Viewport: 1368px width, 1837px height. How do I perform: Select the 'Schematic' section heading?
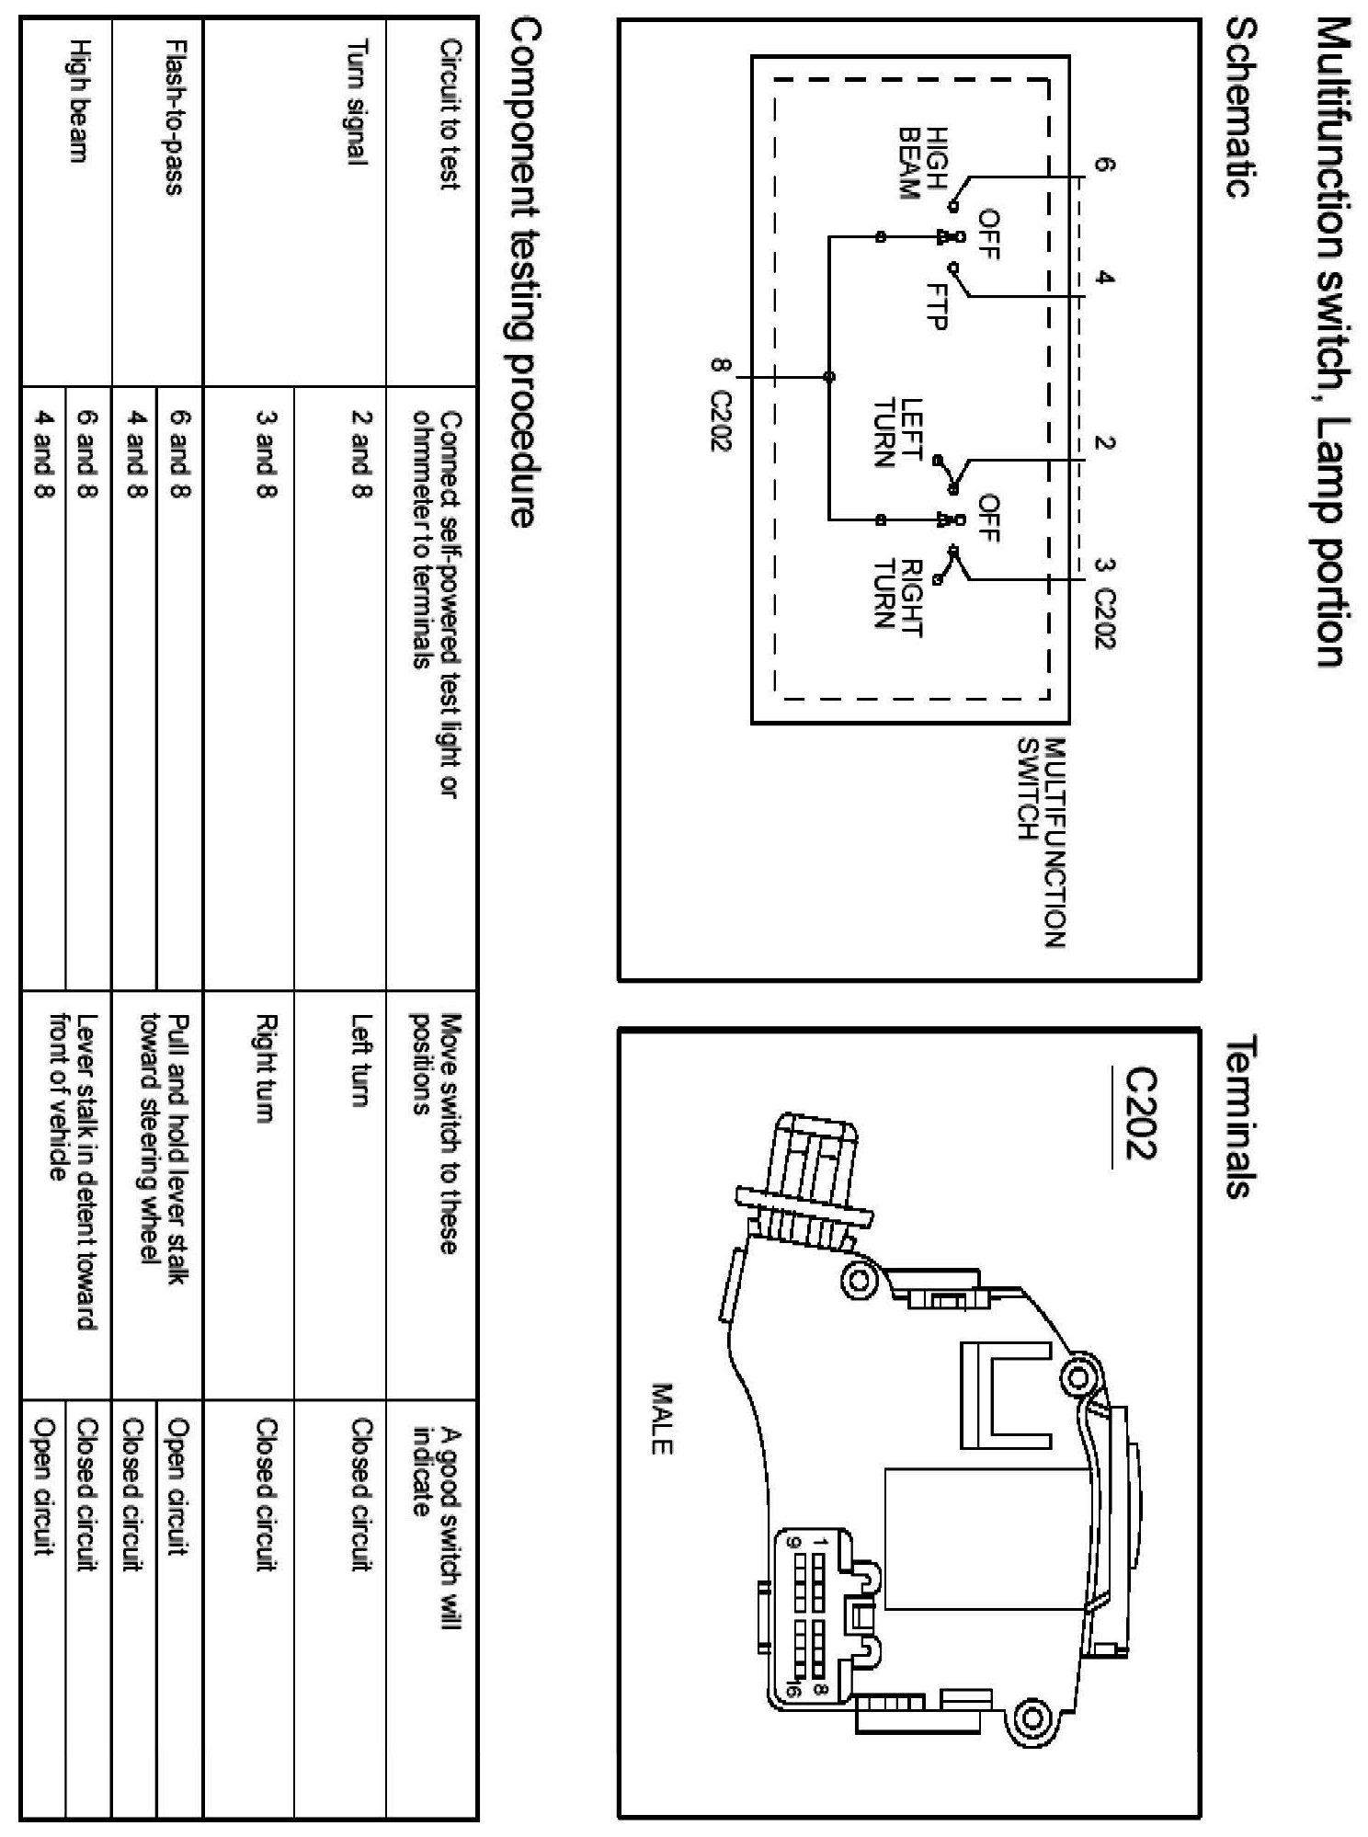(x=1242, y=109)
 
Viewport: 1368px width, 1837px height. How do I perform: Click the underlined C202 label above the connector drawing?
(x=1139, y=1116)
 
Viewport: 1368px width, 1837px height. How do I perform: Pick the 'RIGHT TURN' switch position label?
(x=897, y=594)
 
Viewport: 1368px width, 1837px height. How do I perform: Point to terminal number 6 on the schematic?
(x=1104, y=165)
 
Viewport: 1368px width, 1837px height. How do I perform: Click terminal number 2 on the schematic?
(x=1104, y=443)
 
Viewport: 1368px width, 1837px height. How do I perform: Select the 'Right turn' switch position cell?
(x=266, y=1067)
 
